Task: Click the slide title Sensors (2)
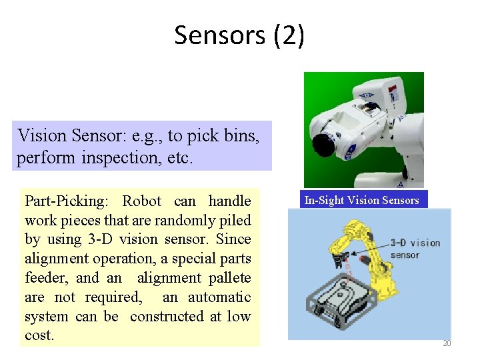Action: click(239, 35)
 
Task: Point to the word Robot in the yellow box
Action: click(142, 201)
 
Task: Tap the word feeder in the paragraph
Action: click(44, 278)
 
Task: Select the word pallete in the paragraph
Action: click(229, 278)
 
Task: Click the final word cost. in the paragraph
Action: click(39, 335)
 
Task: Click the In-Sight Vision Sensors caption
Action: click(361, 200)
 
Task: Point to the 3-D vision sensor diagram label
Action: click(415, 249)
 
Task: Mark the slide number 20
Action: click(447, 343)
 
